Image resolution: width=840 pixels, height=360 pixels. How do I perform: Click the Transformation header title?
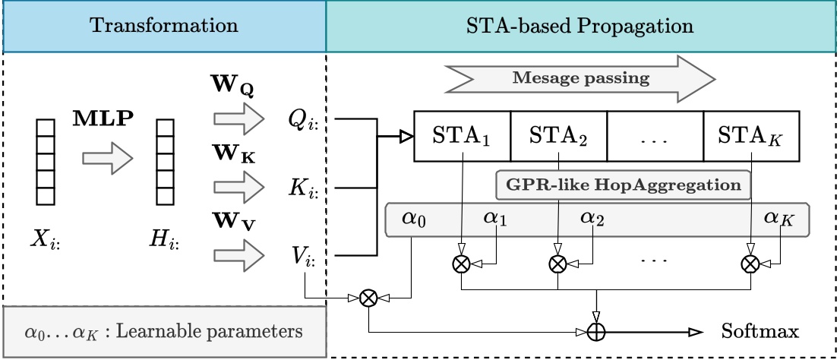click(x=163, y=25)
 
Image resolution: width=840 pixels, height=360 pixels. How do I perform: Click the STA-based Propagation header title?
click(x=579, y=25)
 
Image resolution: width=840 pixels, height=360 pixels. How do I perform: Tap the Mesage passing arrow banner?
click(x=580, y=77)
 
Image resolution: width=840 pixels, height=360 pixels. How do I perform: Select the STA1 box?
click(x=462, y=137)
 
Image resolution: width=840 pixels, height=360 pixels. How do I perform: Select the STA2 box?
click(x=558, y=137)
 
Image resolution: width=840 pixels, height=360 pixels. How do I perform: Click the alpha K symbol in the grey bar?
click(x=780, y=219)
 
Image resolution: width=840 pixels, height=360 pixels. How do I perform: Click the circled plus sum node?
click(x=598, y=332)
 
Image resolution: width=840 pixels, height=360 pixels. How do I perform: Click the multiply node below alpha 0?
click(x=368, y=298)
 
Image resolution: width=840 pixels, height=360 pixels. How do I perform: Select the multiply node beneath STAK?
click(x=750, y=264)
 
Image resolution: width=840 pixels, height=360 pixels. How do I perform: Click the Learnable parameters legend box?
click(x=164, y=332)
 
